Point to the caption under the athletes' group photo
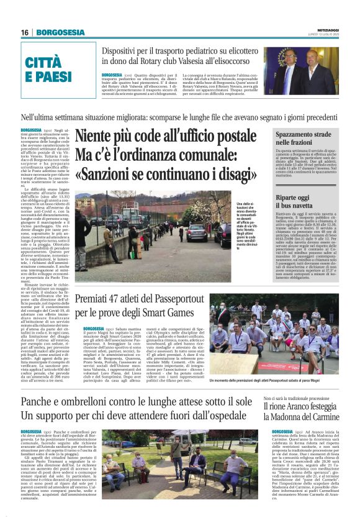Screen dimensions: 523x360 pyautogui.click(x=273, y=380)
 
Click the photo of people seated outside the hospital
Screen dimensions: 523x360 pyautogui.click(x=180, y=457)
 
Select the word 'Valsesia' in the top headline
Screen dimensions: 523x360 pyautogui.click(x=206, y=65)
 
